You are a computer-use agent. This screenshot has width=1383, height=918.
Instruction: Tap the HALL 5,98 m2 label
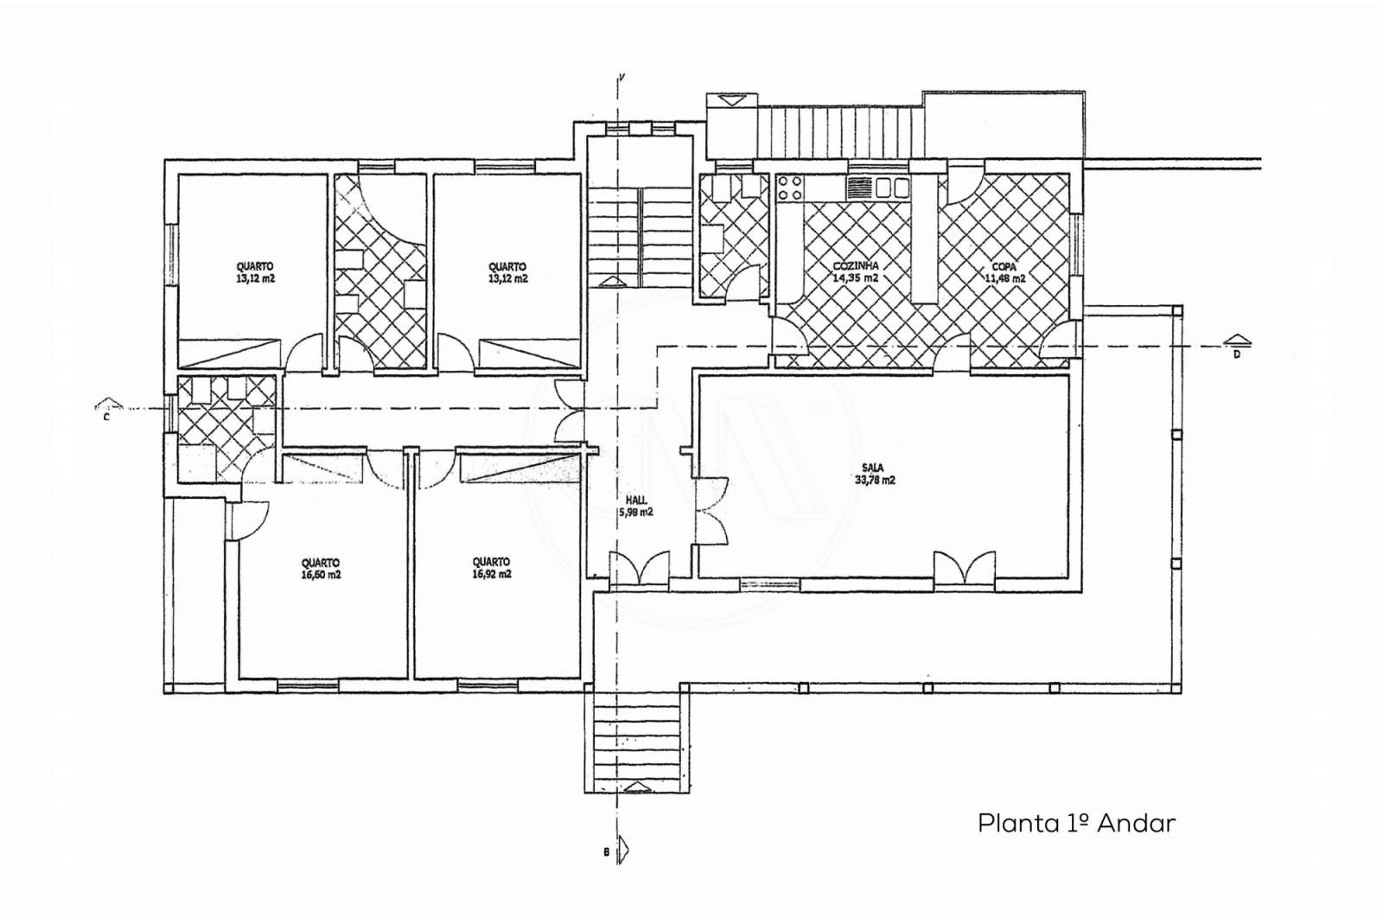635,506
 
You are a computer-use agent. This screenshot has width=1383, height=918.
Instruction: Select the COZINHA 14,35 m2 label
855,272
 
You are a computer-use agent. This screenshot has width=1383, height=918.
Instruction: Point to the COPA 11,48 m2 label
1004,272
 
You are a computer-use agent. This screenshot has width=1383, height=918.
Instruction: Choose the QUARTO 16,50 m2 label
321,567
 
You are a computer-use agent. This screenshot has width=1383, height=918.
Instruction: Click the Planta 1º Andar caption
1076,823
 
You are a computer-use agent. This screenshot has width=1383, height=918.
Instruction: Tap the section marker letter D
1236,354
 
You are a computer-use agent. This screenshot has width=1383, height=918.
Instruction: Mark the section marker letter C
105,416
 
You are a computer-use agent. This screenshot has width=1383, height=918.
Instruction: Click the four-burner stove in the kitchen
788,188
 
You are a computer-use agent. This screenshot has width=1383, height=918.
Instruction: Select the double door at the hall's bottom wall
639,570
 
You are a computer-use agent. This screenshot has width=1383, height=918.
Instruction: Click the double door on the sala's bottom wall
965,569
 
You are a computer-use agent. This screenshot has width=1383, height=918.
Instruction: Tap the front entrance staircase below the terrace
637,739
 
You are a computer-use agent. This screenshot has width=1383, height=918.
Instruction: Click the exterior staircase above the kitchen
834,131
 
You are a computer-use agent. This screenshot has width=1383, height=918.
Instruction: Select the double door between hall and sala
711,512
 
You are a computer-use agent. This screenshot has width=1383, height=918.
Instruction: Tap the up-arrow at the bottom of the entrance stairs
637,786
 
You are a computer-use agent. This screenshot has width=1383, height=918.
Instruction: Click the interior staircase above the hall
640,233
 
